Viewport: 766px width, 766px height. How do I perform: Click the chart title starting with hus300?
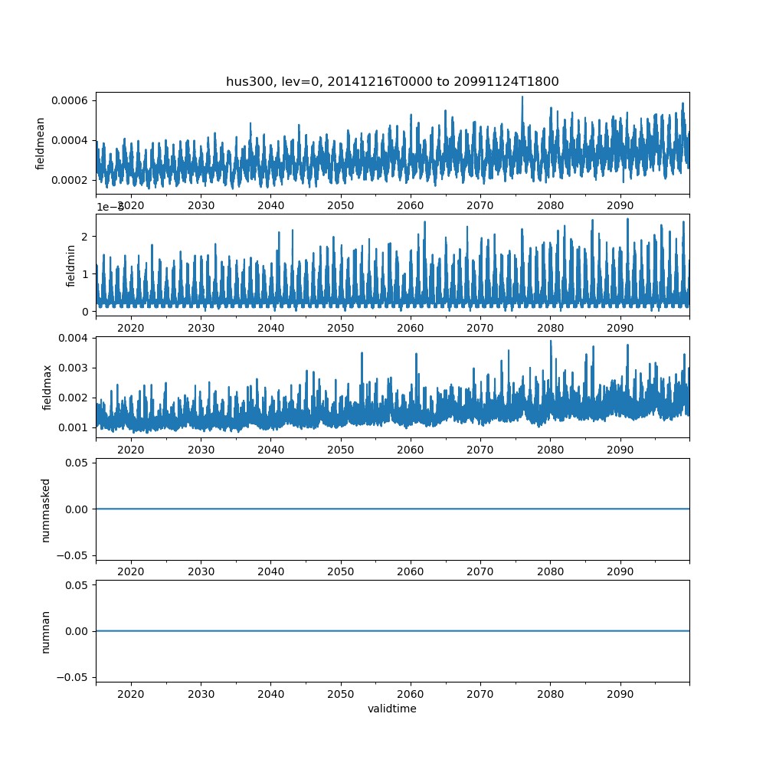pyautogui.click(x=392, y=81)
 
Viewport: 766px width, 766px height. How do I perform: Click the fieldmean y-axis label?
pyautogui.click(x=41, y=143)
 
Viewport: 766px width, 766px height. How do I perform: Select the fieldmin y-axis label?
pyautogui.click(x=70, y=265)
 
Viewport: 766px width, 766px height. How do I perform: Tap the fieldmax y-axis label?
pyautogui.click(x=48, y=387)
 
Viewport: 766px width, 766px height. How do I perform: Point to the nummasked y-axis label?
pyautogui.click(x=46, y=509)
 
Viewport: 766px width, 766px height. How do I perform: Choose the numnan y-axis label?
pyautogui.click(x=46, y=631)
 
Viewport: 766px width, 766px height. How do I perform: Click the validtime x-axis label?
pyautogui.click(x=392, y=709)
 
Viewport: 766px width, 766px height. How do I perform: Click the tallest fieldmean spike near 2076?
pyautogui.click(x=522, y=97)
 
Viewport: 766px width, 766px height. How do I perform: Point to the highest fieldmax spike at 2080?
pyautogui.click(x=550, y=342)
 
